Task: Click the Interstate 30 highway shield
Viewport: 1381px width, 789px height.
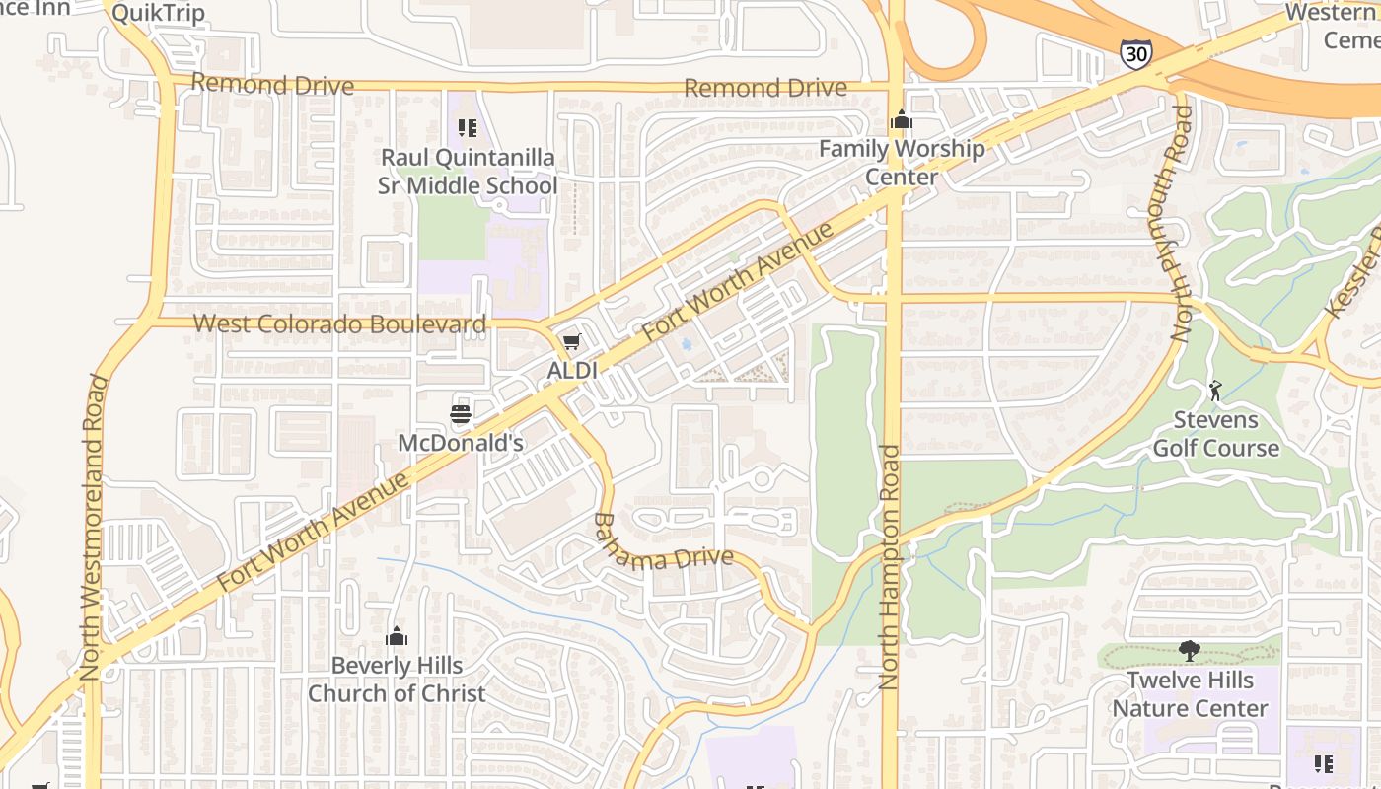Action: tap(1135, 53)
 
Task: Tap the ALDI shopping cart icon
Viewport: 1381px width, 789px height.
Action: tap(572, 342)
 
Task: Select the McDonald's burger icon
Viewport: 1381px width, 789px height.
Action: tap(461, 414)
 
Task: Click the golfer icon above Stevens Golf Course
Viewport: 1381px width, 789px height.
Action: tap(1215, 391)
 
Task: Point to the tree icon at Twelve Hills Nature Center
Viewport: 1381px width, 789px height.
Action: tap(1190, 651)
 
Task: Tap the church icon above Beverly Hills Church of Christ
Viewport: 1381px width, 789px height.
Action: tap(397, 636)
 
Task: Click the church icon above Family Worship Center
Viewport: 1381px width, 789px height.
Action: tap(901, 120)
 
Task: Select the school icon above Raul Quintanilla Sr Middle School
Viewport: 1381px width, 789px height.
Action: tap(468, 127)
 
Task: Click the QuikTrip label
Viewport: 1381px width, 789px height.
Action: tap(158, 13)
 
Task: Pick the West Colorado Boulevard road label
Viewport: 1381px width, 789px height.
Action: tap(339, 323)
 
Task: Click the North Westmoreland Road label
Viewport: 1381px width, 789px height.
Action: tap(93, 528)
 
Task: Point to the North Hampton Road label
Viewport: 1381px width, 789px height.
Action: tap(890, 567)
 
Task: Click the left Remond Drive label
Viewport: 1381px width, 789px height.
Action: tap(272, 85)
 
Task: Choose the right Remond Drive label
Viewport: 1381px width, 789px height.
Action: tap(765, 88)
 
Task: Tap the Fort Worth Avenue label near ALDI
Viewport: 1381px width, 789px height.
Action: tap(738, 282)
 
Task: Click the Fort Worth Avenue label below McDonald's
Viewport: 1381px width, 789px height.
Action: tap(313, 533)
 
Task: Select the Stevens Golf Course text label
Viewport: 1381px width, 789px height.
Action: tap(1216, 434)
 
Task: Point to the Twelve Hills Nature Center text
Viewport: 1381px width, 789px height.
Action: tap(1191, 694)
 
